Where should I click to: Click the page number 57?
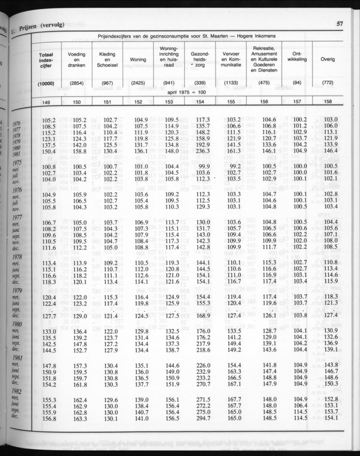tap(339, 24)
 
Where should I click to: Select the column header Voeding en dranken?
tap(77, 60)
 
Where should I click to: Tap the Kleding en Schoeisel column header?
tap(108, 60)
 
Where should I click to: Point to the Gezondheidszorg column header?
tap(200, 60)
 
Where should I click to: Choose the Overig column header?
tap(328, 60)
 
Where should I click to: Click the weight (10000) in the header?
tap(46, 83)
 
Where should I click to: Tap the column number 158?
tap(328, 102)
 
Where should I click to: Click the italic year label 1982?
tap(16, 392)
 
